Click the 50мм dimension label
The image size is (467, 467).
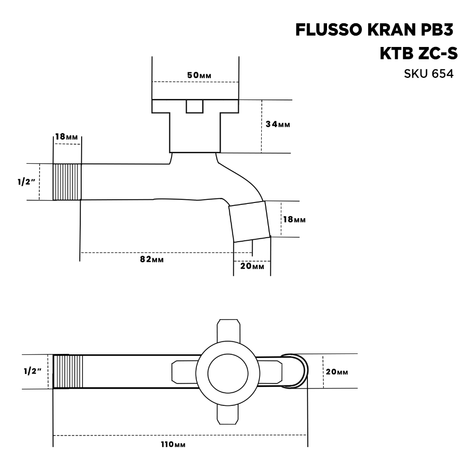pos(199,75)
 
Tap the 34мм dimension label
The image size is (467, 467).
pos(278,124)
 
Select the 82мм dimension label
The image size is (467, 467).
pos(152,259)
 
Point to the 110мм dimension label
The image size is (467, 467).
pos(173,444)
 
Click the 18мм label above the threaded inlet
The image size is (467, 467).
pos(67,137)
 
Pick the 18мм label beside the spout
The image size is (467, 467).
pos(294,219)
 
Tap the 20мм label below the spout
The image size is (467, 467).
pos(252,266)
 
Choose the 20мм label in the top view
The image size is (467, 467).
pos(337,372)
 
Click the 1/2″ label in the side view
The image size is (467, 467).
pos(26,182)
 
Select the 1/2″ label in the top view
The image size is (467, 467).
pos(32,371)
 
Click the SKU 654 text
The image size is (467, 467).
pos(429,73)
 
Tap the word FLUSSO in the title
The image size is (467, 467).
pos(327,30)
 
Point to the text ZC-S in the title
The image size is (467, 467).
pos(438,54)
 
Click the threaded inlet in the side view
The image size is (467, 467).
pos(67,182)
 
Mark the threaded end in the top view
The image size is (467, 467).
pos(68,371)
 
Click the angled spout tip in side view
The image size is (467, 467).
pos(249,222)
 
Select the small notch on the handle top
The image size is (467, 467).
pos(194,106)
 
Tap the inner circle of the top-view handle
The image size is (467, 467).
pos(228,374)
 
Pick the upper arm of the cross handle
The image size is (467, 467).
pos(228,331)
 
